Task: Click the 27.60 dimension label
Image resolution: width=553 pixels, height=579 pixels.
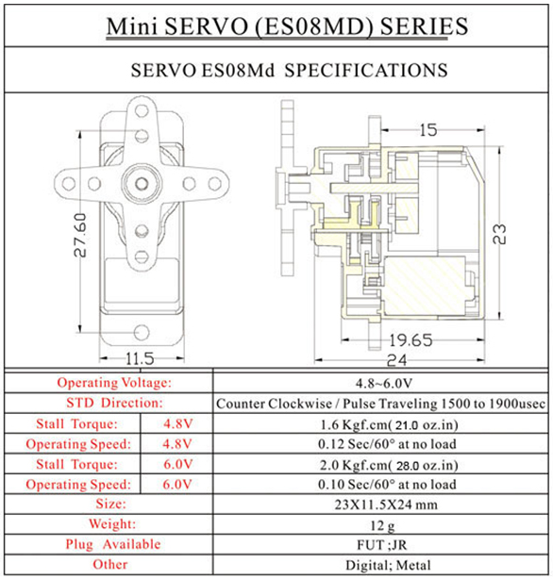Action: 80,235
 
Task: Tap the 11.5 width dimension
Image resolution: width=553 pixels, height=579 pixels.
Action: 140,358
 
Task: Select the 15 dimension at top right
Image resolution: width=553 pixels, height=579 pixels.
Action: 428,130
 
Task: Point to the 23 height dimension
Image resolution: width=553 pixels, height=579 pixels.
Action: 499,234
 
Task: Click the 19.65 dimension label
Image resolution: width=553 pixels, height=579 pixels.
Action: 411,340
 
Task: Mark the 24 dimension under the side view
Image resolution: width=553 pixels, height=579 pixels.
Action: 396,360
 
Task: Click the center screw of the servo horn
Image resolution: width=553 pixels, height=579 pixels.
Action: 142,183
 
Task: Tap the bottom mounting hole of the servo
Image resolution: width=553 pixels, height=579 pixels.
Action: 142,332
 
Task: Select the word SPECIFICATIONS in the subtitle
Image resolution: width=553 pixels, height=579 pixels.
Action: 366,70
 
